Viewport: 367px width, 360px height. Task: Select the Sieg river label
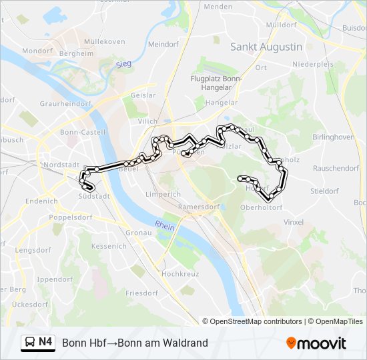coord(123,64)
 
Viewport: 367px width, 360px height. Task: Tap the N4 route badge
coord(45,342)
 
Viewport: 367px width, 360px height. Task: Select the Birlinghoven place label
coord(334,137)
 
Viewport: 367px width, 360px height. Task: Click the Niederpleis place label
coord(312,65)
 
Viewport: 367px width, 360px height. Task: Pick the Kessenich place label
coord(109,246)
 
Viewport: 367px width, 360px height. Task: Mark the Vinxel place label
coord(294,222)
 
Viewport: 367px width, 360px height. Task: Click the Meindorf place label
coord(163,44)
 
